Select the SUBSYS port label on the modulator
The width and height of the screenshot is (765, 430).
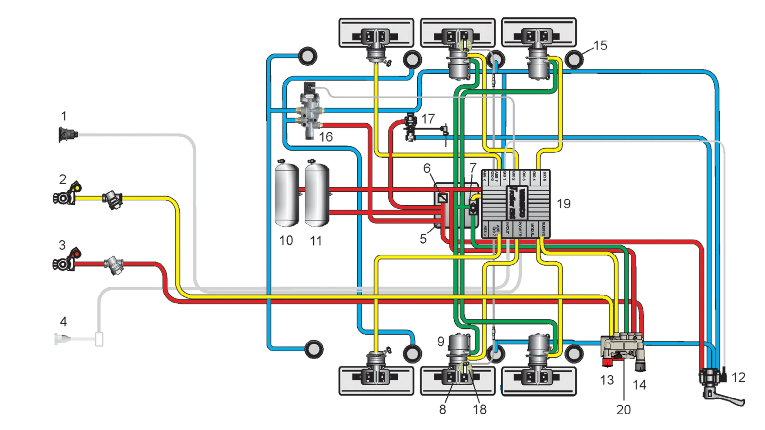pos(543,229)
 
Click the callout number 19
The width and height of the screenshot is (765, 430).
pos(563,204)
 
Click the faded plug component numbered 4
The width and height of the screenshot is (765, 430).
pos(78,339)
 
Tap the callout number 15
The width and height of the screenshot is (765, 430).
pos(600,46)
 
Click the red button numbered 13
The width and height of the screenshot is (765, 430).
pos(607,362)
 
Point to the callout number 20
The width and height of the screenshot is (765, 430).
pos(623,410)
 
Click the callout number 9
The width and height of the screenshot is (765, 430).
pos(441,341)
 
